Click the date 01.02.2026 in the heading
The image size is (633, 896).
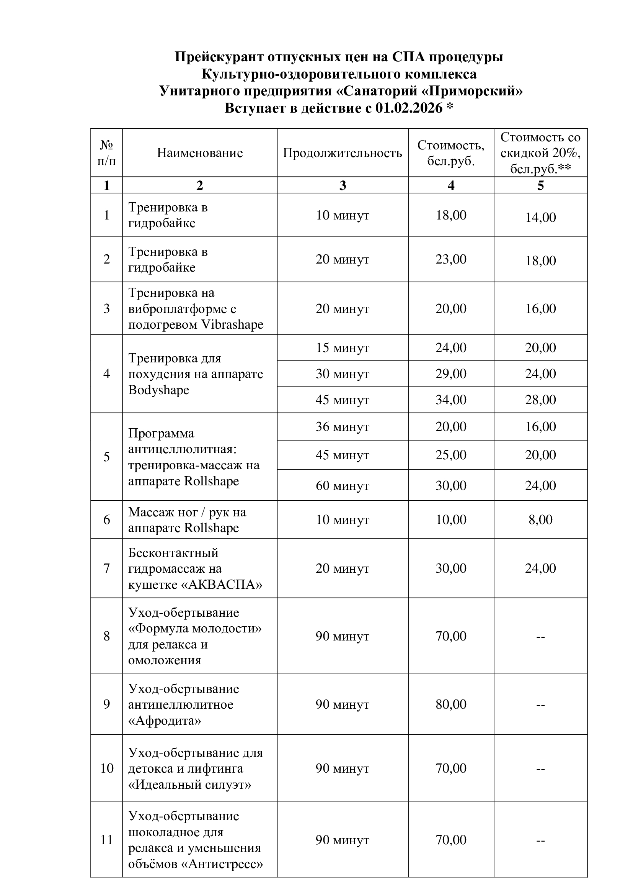pos(409,108)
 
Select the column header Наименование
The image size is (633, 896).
pos(199,152)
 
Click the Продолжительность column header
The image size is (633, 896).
pos(342,152)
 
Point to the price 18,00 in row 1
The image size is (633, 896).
pos(451,215)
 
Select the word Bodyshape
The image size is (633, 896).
pos(159,390)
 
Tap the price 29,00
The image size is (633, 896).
pos(451,373)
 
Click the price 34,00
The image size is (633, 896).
pos(451,400)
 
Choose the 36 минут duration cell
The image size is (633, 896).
pos(342,426)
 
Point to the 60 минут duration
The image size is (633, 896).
pos(342,485)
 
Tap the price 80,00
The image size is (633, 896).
pos(451,704)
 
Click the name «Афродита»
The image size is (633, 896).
pos(165,721)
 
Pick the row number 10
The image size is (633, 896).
pos(106,768)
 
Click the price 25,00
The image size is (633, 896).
pos(451,455)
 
